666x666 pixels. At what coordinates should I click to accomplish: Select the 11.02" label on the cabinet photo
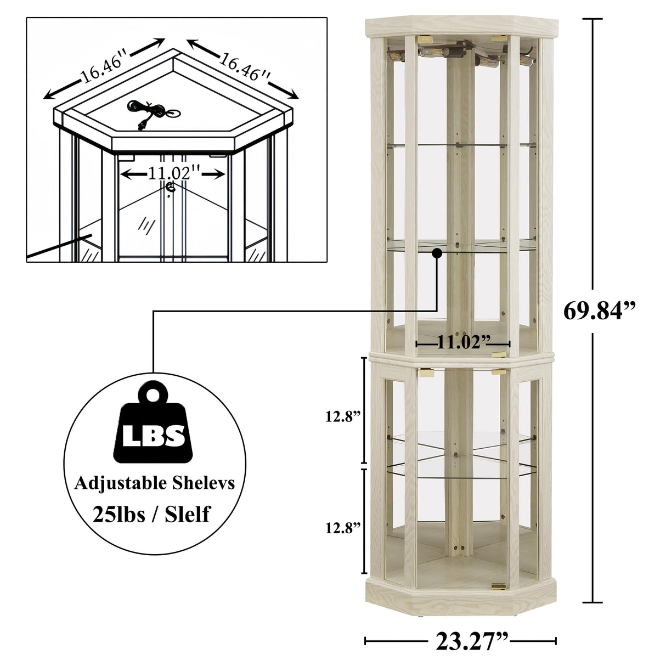463,343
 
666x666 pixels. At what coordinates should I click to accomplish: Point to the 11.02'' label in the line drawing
173,173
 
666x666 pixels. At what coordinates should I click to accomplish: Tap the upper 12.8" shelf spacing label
343,416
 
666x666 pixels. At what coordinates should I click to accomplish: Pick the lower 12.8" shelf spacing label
343,528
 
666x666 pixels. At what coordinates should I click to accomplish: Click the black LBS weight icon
154,426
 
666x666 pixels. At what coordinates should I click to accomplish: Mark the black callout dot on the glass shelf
437,253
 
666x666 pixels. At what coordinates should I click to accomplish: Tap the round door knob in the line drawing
170,188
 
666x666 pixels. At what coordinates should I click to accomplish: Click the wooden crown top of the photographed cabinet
460,27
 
